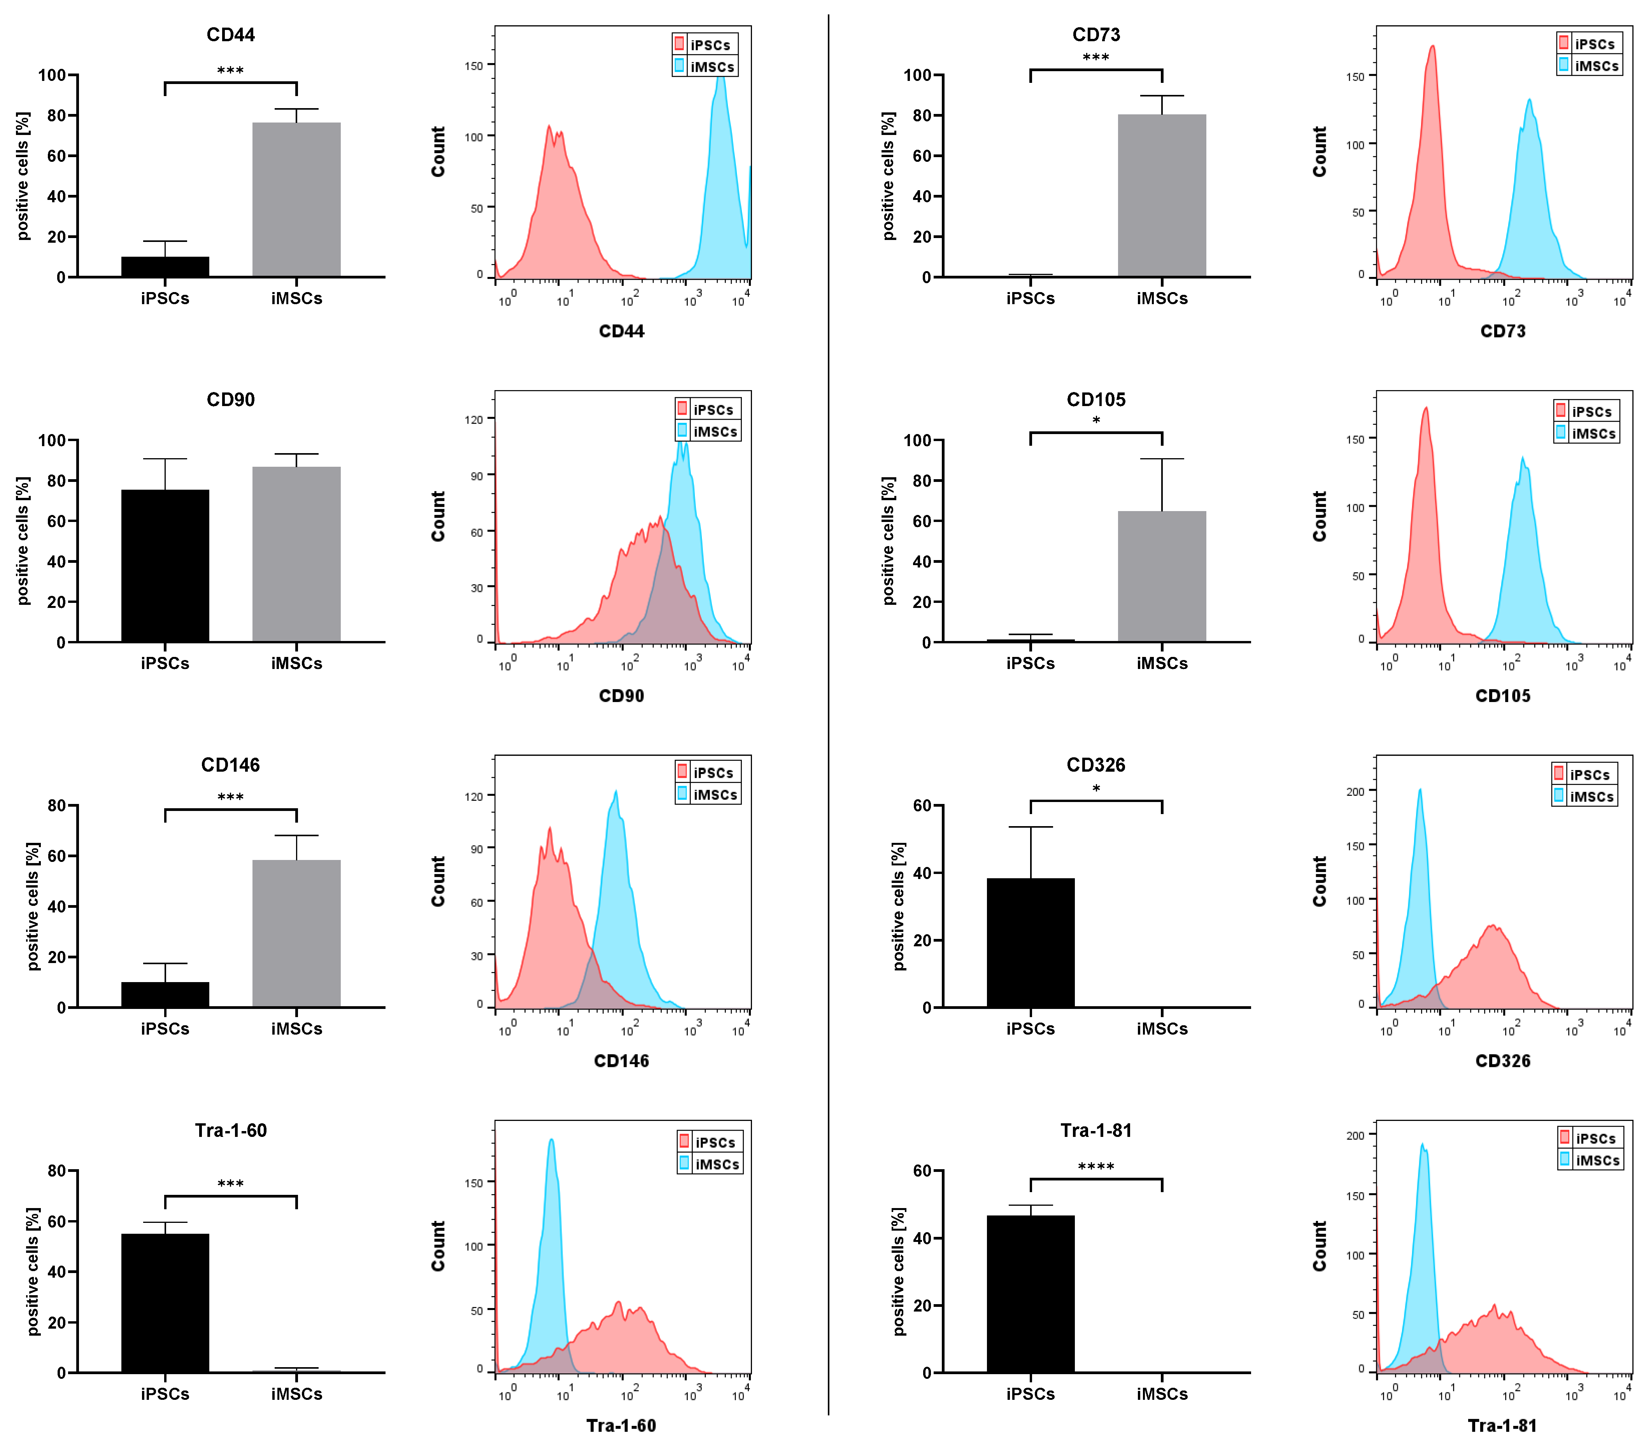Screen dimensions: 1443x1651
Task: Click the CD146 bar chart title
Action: coord(230,765)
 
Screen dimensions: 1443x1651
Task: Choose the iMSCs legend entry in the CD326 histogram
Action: coord(1585,797)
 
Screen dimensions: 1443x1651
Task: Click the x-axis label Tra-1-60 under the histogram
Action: coord(621,1425)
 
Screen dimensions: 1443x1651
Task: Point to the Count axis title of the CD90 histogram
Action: coord(438,516)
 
